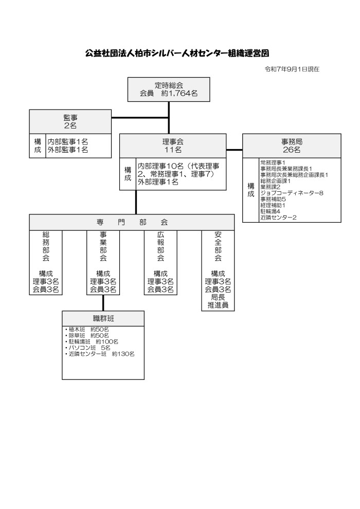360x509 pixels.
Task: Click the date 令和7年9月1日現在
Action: click(x=292, y=69)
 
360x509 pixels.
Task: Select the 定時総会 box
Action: click(x=169, y=89)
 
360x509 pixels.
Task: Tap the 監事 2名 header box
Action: click(x=70, y=121)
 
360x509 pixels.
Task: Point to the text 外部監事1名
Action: click(x=67, y=150)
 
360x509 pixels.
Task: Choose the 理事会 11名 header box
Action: click(x=173, y=146)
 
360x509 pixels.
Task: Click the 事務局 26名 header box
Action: click(x=292, y=146)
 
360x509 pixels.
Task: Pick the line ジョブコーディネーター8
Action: click(x=291, y=193)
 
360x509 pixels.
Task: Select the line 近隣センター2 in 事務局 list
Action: click(x=278, y=217)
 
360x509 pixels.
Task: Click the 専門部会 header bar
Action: click(x=132, y=222)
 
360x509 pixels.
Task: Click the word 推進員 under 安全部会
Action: click(x=218, y=305)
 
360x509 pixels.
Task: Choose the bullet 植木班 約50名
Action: click(x=87, y=329)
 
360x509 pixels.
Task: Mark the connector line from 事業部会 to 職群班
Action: click(x=103, y=303)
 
